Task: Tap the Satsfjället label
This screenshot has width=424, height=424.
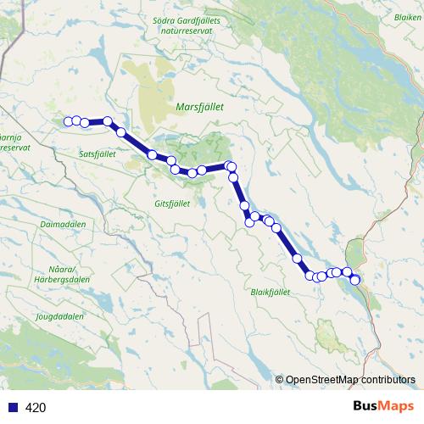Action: coord(97,153)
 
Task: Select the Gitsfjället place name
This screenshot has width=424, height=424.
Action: coord(176,204)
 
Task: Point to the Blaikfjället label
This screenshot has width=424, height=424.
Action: coord(271,291)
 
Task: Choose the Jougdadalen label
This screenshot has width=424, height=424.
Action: coord(59,316)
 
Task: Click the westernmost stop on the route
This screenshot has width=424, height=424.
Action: coord(67,120)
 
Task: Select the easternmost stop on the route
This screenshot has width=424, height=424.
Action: coord(355,280)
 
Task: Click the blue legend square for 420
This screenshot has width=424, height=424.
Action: coord(12,407)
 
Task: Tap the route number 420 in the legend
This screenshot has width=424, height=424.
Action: coord(36,407)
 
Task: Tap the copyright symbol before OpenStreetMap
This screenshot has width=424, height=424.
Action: coord(279,380)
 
